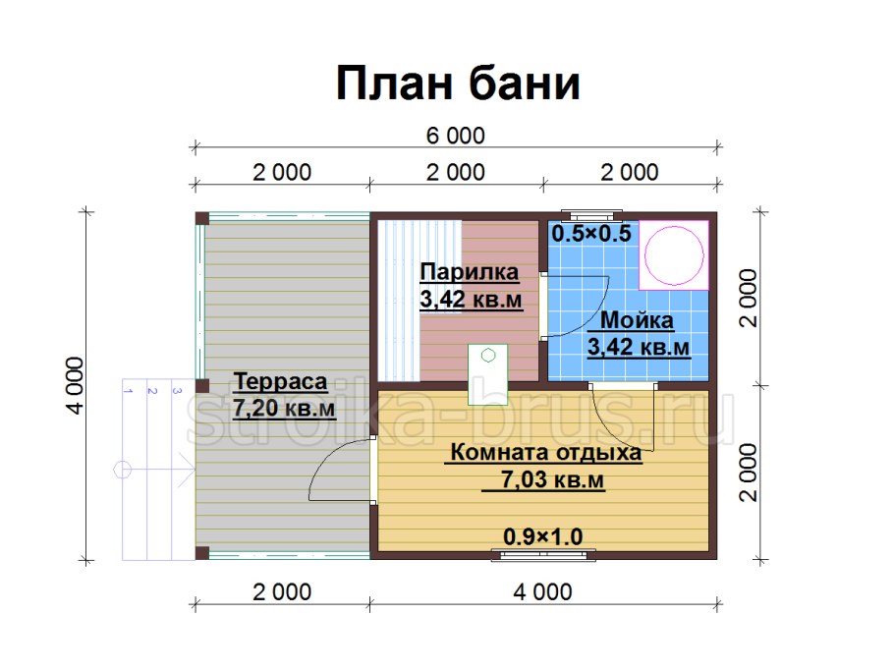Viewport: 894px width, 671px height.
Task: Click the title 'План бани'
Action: point(458,84)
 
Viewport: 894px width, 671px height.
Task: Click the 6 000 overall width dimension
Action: point(456,136)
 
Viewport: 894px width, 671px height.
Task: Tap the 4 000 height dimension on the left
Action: point(75,385)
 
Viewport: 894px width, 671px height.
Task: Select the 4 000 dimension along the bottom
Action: point(542,592)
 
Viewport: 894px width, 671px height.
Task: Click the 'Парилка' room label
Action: point(470,272)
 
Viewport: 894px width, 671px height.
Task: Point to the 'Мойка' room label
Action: point(637,320)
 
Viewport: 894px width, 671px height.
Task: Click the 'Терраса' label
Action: point(281,381)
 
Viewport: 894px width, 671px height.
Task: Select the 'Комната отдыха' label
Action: point(545,453)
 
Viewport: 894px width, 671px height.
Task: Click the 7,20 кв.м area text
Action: point(284,408)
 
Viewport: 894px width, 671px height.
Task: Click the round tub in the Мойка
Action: point(674,255)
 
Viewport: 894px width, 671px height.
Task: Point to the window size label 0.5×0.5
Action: point(591,233)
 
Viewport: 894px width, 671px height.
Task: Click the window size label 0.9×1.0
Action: point(542,536)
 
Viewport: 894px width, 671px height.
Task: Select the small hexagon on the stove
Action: point(488,356)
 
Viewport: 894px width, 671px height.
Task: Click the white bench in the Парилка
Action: point(399,301)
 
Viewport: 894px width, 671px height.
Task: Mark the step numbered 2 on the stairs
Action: point(151,391)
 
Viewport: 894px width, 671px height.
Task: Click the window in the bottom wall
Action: point(543,554)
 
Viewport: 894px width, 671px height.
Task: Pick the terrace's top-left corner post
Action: point(201,219)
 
